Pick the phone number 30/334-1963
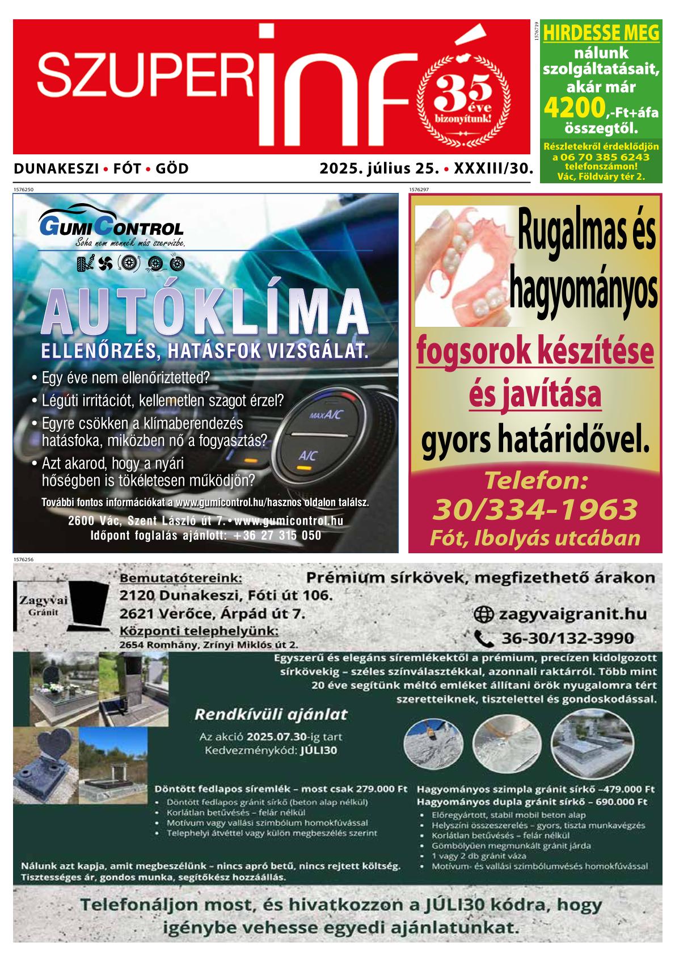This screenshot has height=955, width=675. (535, 509)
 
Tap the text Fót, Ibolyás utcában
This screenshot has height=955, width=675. (535, 537)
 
